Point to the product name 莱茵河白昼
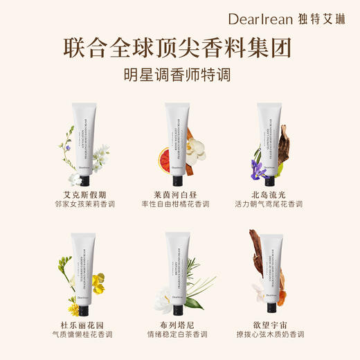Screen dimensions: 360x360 [179, 194]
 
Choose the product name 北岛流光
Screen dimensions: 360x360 [276, 194]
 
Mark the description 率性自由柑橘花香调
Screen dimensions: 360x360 [179, 205]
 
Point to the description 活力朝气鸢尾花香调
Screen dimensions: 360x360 [276, 205]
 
